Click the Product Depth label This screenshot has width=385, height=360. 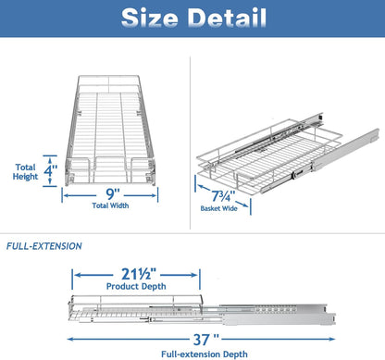[135, 288]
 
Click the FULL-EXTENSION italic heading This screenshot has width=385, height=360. [44, 246]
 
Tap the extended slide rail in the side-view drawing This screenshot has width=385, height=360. [305, 314]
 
